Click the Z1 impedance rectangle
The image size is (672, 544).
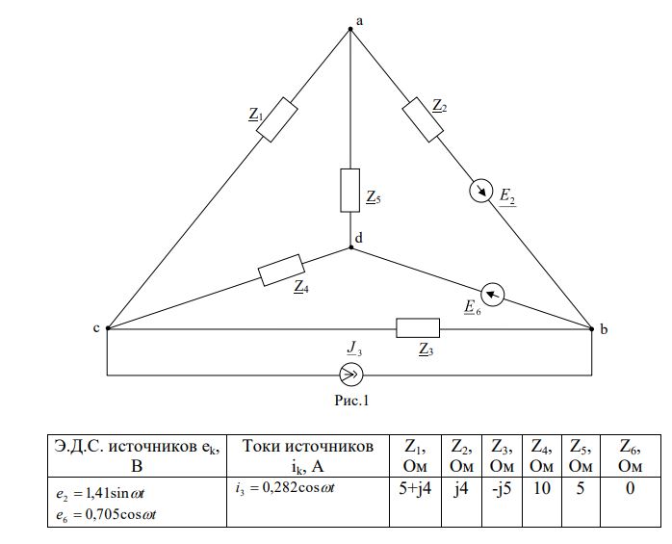pos(277,119)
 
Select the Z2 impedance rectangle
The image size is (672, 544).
pos(423,119)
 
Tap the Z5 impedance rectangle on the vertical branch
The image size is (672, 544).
pos(350,191)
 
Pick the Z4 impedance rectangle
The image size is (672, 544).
pos(281,270)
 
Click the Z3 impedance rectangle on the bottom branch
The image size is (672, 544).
pos(418,328)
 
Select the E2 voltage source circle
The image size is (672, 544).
pos(480,191)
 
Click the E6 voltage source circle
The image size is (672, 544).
pos(492,295)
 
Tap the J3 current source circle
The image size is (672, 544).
pos(351,376)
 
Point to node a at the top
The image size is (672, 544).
pos(350,29)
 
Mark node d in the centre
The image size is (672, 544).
pos(351,247)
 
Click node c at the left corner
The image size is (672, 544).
pos(108,328)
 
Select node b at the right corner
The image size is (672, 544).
pos(592,329)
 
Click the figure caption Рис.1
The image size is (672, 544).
pos(351,401)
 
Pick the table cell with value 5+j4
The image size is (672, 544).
pos(415,502)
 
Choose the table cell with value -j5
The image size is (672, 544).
pos(502,502)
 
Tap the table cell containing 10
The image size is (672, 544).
pos(542,502)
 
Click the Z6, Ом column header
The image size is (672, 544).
pos(631,455)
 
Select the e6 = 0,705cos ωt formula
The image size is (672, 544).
pos(106,514)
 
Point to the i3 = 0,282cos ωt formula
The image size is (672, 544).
pos(285,488)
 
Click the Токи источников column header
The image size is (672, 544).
pos(308,455)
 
